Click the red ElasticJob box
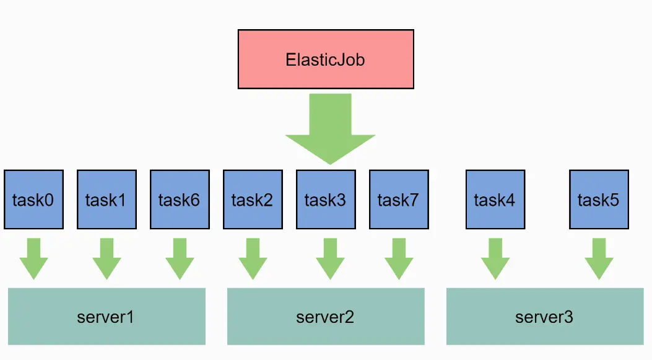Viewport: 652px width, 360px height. (x=326, y=60)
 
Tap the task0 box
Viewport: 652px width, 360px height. (x=33, y=200)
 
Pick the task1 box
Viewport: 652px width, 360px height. (x=106, y=200)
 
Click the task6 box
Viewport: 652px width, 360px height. (x=180, y=200)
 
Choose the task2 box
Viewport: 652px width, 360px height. (x=253, y=200)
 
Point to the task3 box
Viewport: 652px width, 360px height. (x=326, y=200)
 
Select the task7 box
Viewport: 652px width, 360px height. (x=399, y=200)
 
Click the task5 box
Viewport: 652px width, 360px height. (x=599, y=200)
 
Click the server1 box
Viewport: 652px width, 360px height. (x=106, y=317)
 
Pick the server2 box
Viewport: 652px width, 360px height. (x=326, y=317)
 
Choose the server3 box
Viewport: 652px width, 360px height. (x=545, y=317)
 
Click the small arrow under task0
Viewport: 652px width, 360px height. (x=33, y=258)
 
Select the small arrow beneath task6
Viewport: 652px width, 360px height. (x=180, y=258)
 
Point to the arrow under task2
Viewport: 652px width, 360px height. (x=253, y=258)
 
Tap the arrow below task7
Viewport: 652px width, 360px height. (x=399, y=258)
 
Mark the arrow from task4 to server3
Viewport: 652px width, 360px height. (x=495, y=258)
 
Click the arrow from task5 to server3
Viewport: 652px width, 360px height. (x=599, y=258)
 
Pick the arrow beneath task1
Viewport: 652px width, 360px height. (x=106, y=258)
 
